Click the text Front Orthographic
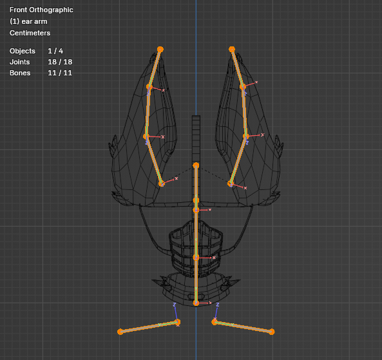41,10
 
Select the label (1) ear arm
28,21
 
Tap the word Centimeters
30,33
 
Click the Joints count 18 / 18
60,62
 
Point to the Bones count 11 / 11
60,73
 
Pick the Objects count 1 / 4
55,51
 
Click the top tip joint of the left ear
160,50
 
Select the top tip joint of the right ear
232,50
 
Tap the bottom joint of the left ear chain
162,184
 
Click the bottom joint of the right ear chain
231,184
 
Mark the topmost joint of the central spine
196,166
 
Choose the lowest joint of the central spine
196,303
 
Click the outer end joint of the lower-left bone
120,332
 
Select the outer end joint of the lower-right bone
272,332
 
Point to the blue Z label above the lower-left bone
175,305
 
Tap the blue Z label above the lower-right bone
218,305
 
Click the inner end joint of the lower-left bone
178,322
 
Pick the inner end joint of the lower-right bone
215,322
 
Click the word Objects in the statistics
23,51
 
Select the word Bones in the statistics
20,73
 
